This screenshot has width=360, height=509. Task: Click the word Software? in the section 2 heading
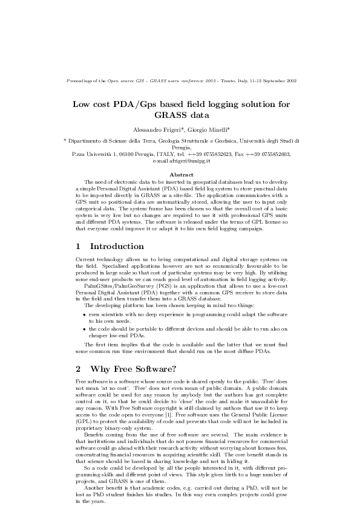point(154,369)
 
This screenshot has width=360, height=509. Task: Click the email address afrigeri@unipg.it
point(189,161)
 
